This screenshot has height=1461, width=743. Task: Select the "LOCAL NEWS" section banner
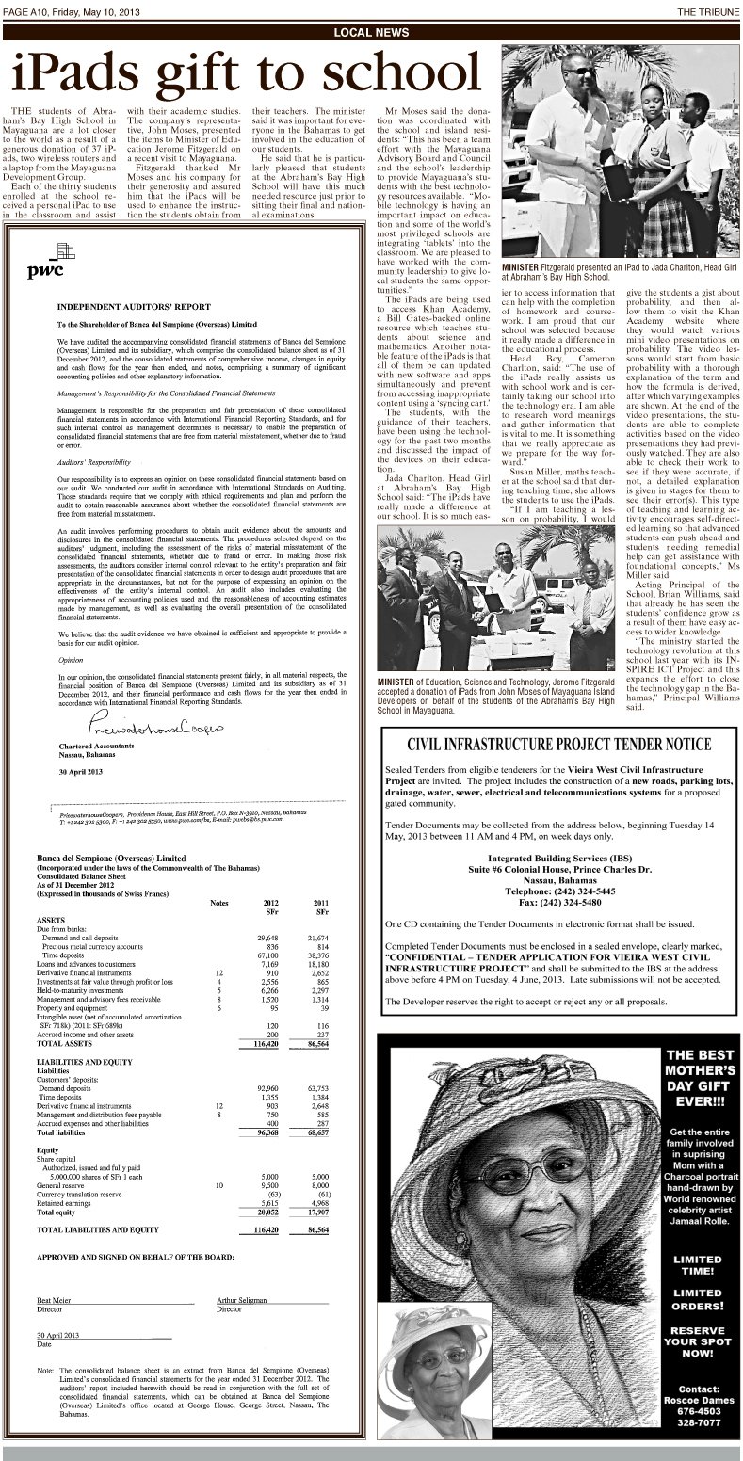(371, 32)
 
